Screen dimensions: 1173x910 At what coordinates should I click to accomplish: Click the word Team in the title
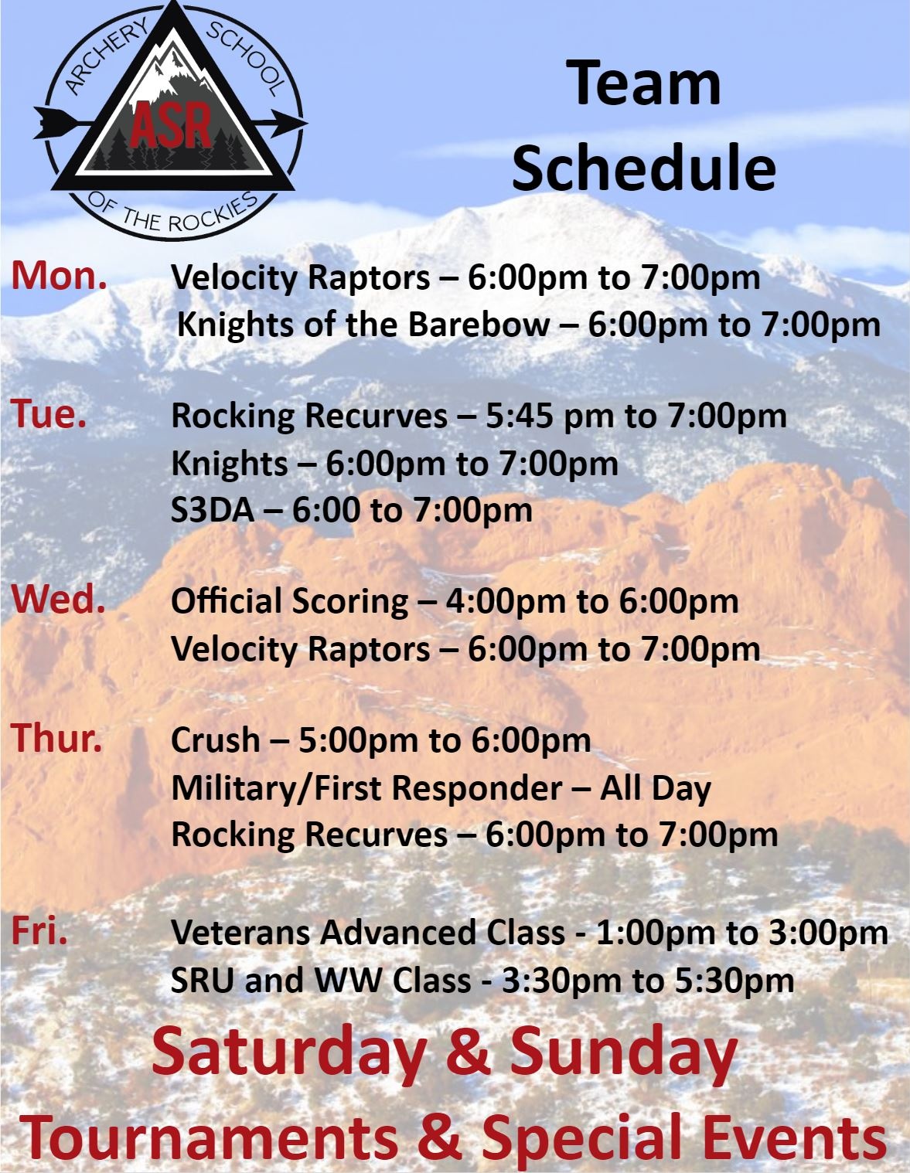[643, 83]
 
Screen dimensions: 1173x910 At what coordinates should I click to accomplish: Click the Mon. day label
[59, 275]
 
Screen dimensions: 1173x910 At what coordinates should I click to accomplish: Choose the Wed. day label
[58, 600]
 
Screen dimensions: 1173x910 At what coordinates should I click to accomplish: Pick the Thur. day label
[56, 738]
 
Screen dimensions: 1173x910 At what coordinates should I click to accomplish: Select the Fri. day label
[39, 931]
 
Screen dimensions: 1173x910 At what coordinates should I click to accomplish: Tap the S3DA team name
[212, 510]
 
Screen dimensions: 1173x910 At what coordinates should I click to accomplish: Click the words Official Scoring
[290, 601]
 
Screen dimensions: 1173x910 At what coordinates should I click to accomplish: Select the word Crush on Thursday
[215, 739]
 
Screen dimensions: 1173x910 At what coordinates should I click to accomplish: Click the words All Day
[656, 787]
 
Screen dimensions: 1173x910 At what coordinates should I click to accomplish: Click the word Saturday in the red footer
[288, 1052]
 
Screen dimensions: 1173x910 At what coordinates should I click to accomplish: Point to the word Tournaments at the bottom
[209, 1138]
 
